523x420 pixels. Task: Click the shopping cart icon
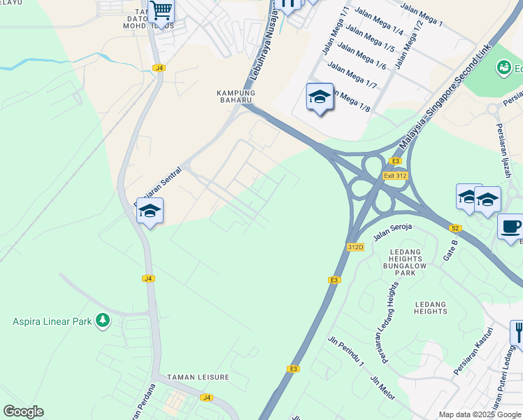tap(161, 10)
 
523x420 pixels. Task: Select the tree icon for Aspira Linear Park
tap(103, 321)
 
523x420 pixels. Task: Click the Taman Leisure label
tap(199, 377)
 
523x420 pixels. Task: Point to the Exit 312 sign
tap(395, 175)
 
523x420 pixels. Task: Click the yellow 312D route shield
tap(355, 247)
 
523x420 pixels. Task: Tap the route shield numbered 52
tap(455, 228)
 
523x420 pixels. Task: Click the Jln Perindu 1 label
tap(346, 351)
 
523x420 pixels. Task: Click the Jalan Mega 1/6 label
tap(362, 55)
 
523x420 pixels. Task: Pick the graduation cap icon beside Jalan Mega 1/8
tap(320, 97)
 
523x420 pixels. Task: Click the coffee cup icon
tap(510, 226)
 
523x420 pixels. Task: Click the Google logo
tap(24, 412)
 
